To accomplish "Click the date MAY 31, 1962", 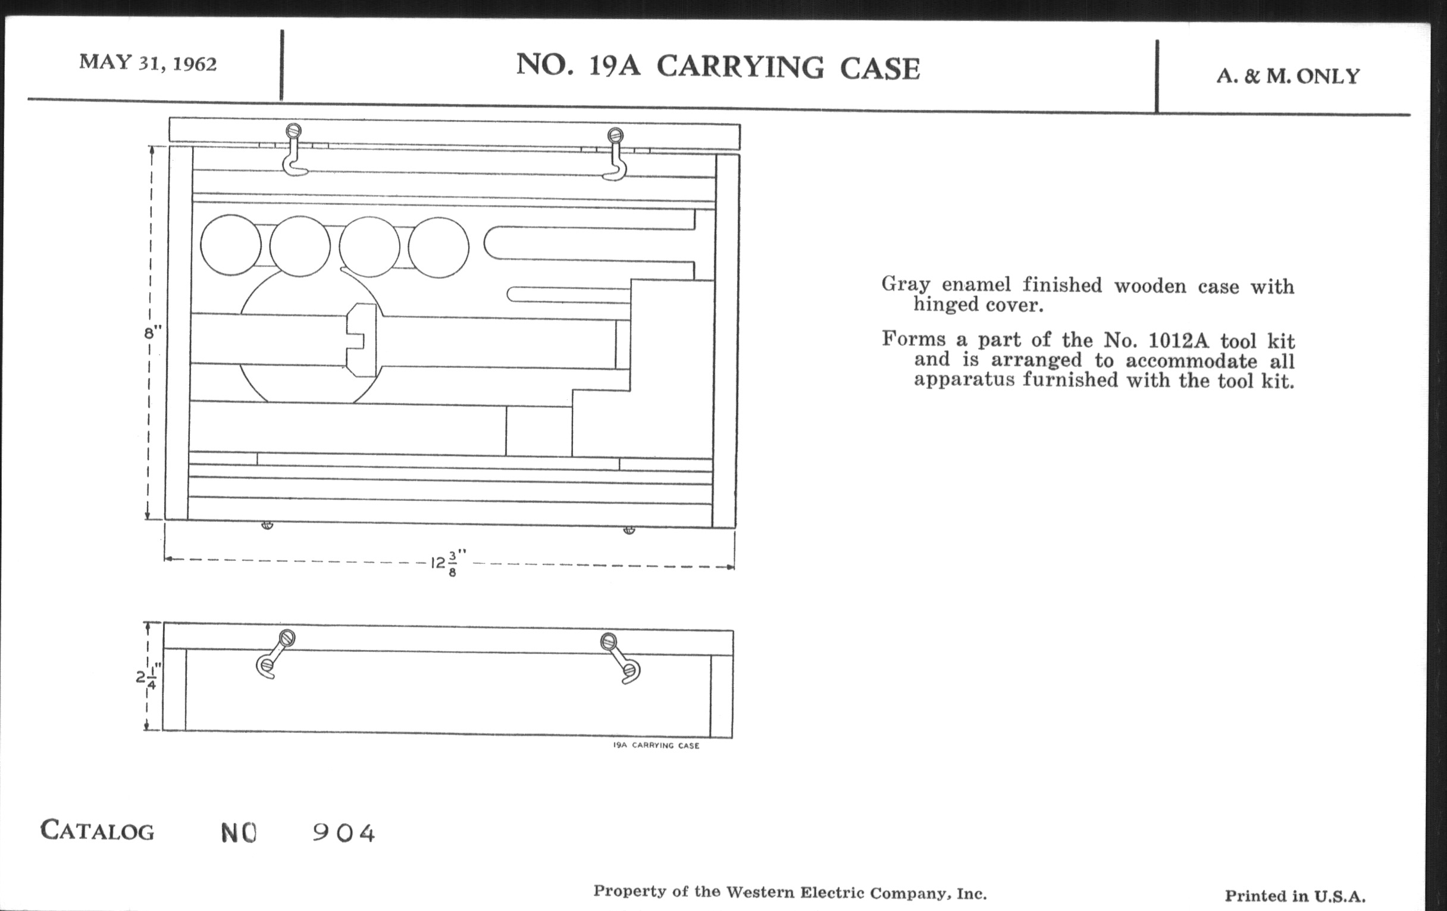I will click(x=148, y=63).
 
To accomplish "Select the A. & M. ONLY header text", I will click(x=1287, y=76).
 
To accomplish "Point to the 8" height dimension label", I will click(x=154, y=332).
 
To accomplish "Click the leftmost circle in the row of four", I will click(x=231, y=245).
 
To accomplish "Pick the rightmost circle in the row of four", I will click(x=438, y=247).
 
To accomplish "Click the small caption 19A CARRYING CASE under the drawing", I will click(x=656, y=745).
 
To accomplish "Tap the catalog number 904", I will click(x=344, y=834).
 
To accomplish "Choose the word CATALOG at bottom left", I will click(x=98, y=831).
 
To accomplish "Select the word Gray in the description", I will click(x=905, y=285).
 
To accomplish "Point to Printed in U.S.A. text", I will click(x=1295, y=896).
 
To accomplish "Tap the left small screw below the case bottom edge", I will click(x=267, y=525).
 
